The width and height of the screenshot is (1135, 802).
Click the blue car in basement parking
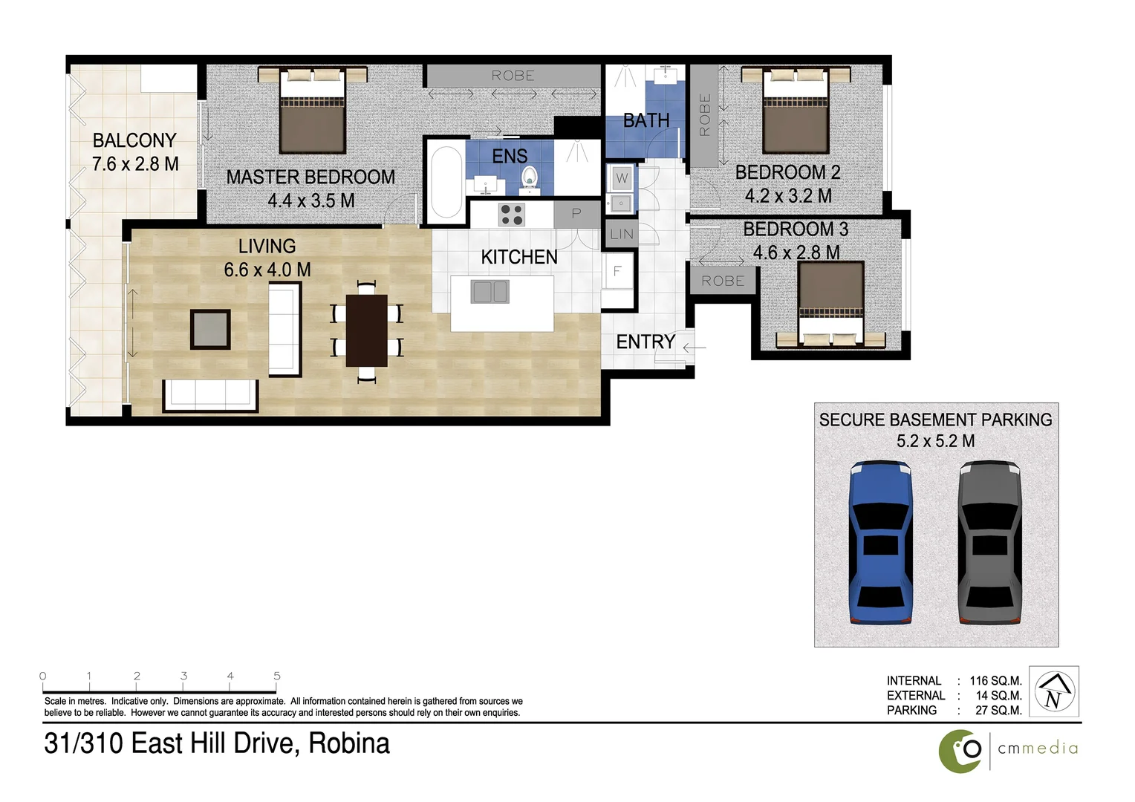click(x=880, y=542)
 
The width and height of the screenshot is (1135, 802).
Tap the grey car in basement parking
click(x=989, y=542)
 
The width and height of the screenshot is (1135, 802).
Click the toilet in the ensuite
click(x=529, y=177)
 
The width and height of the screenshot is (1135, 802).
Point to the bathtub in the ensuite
click(x=446, y=182)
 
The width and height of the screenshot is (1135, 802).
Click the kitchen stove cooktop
click(x=512, y=215)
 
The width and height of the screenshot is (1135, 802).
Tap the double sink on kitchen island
click(x=490, y=292)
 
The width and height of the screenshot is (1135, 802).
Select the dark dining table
click(x=367, y=330)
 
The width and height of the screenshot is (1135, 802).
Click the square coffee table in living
click(x=210, y=329)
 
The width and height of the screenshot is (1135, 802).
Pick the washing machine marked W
click(x=622, y=177)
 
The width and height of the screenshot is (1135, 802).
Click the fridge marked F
click(x=617, y=272)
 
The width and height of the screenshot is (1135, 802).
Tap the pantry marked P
click(x=576, y=214)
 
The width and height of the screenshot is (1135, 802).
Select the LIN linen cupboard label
click(x=622, y=234)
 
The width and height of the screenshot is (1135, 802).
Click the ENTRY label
click(x=645, y=342)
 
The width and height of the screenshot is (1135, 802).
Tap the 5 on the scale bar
click(x=277, y=676)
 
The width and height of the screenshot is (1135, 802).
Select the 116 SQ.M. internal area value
click(x=995, y=681)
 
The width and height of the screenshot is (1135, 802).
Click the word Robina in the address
click(x=348, y=743)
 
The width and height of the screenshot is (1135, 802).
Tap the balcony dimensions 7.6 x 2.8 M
click(x=135, y=164)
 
